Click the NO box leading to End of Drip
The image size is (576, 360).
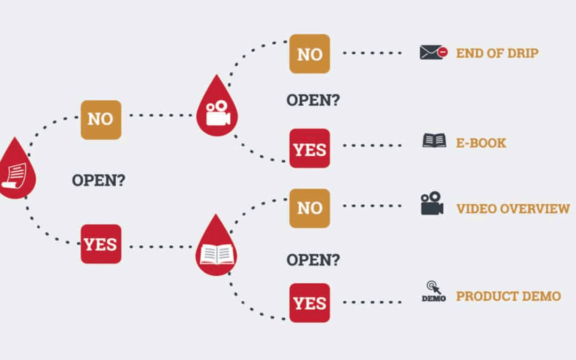tap(310, 54)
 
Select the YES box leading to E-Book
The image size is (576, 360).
tap(310, 149)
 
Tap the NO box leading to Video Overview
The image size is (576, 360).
tap(310, 208)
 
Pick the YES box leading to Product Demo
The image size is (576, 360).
tap(310, 302)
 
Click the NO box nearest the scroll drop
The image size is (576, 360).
tap(101, 119)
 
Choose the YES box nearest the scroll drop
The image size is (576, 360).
tap(101, 244)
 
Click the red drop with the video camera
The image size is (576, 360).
tap(217, 109)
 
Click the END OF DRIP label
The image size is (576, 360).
tap(497, 53)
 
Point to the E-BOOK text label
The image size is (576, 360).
tap(481, 143)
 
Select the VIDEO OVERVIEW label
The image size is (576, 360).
tap(513, 209)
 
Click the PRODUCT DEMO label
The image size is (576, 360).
tap(508, 296)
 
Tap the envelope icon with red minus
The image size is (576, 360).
tap(433, 52)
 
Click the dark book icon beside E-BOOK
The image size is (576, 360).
tap(434, 141)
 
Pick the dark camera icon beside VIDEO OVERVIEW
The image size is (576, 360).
tap(432, 203)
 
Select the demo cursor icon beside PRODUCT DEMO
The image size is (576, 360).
tap(434, 292)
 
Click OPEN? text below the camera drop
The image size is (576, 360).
tap(313, 100)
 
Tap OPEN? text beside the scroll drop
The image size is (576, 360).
tap(99, 180)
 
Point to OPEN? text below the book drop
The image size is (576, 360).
tap(313, 260)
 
